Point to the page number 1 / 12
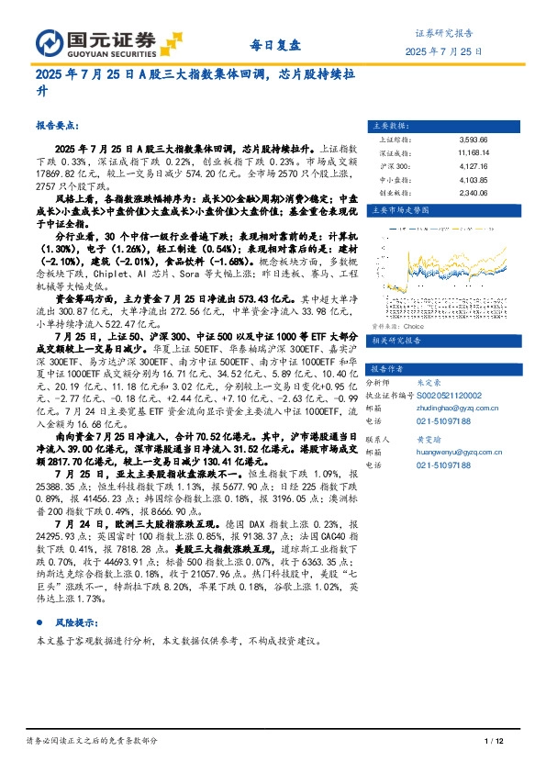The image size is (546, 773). [x=494, y=741]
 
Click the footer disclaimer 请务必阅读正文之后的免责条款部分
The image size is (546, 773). [x=91, y=741]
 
